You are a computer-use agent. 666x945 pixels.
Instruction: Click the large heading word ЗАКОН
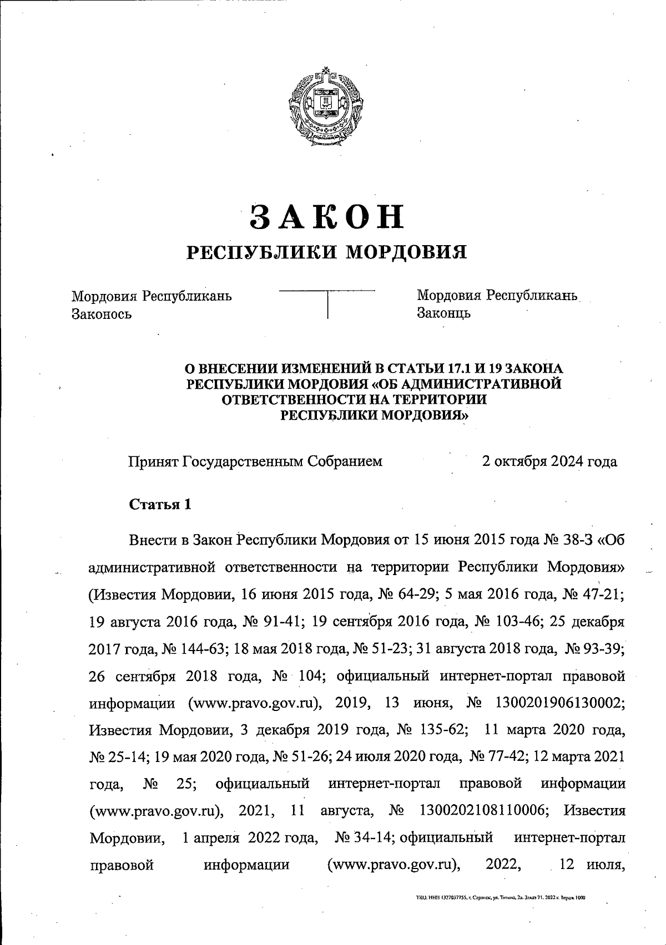326,216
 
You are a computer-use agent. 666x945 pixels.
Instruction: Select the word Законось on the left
102,314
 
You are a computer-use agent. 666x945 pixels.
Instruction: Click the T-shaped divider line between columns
327,302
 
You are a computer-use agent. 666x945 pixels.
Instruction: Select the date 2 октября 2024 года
549,461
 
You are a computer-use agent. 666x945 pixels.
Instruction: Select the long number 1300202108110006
482,811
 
